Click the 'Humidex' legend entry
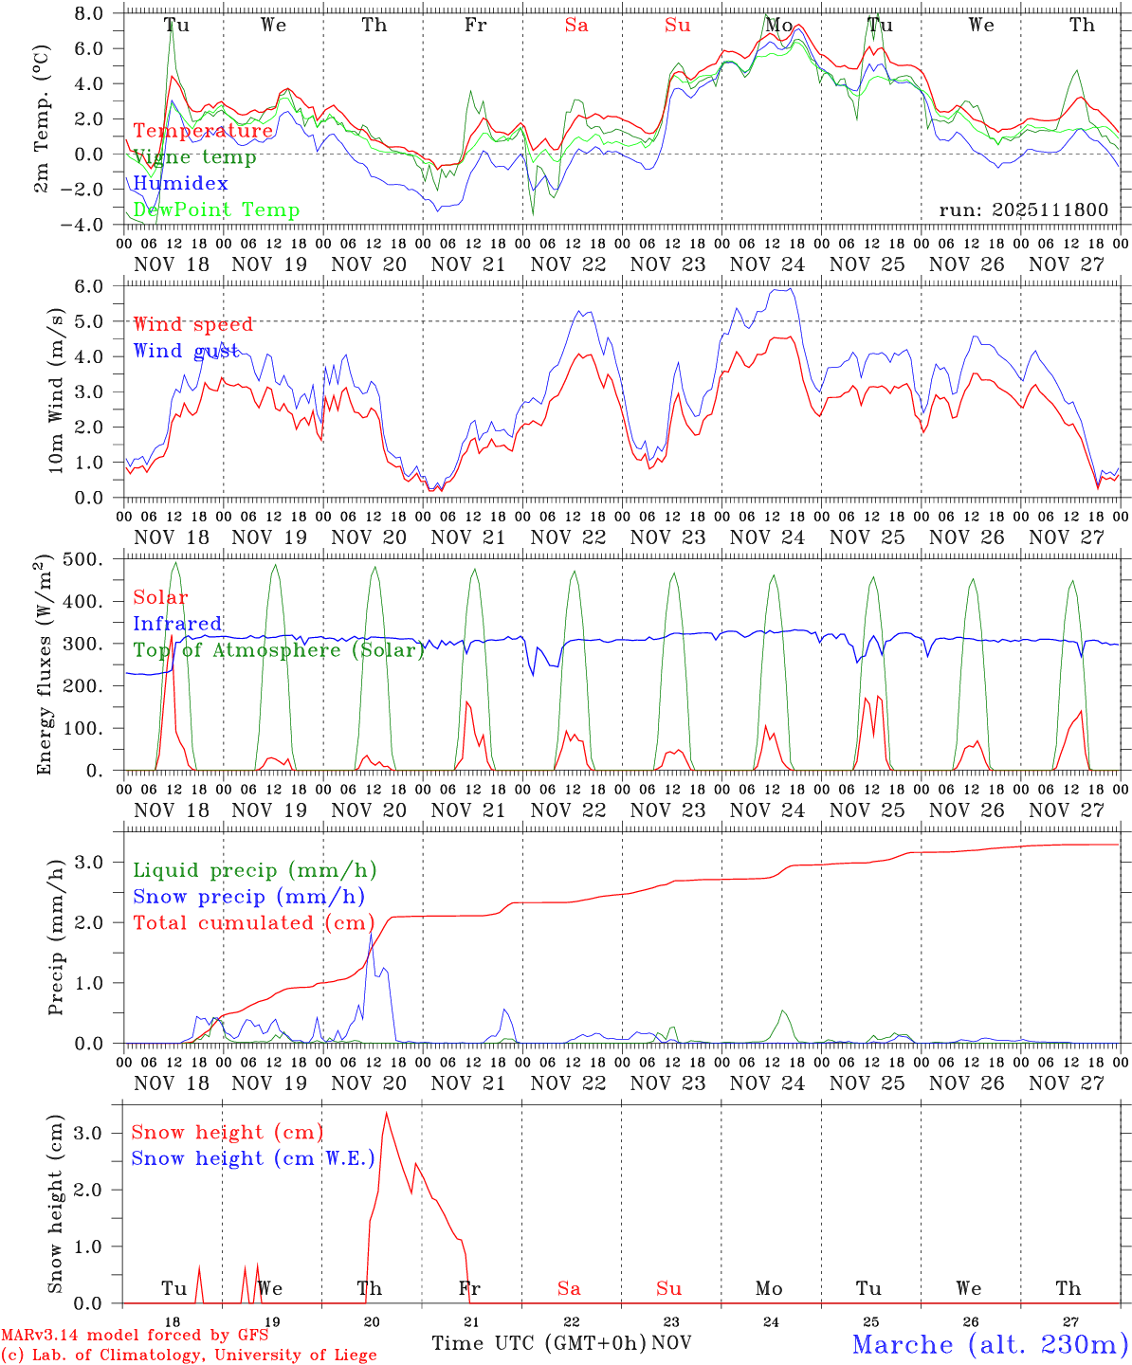(x=180, y=184)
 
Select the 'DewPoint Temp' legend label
(x=216, y=210)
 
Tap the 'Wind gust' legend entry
(x=187, y=351)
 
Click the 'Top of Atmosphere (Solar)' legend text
(x=279, y=650)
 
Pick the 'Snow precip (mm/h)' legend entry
(x=248, y=897)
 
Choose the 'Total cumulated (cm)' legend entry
(x=253, y=923)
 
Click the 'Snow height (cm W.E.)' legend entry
(x=253, y=1158)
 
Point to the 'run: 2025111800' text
(x=1023, y=209)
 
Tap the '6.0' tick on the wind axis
(x=87, y=286)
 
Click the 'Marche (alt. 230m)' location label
(x=990, y=1344)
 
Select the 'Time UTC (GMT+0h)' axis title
(x=539, y=1343)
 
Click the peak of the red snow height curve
(x=386, y=1113)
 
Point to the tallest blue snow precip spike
(x=371, y=934)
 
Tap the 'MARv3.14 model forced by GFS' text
(x=135, y=1336)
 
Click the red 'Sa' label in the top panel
(x=576, y=26)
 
